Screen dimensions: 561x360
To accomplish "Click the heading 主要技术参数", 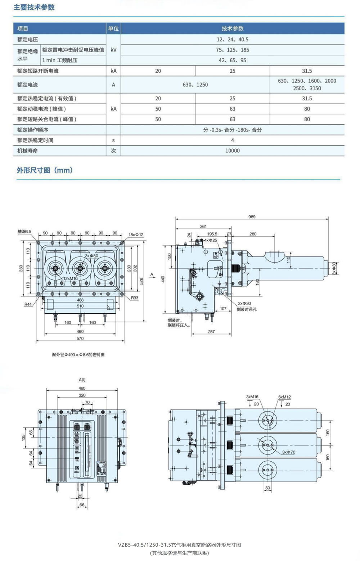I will coord(34,7).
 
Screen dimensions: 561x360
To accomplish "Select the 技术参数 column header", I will coord(232,28).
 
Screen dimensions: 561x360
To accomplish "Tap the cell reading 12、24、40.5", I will coord(232,40).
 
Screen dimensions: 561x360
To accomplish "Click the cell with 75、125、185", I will coord(232,50).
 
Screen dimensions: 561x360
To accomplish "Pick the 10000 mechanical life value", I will coord(232,151).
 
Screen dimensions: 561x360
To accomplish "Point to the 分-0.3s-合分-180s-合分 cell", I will coord(232,130).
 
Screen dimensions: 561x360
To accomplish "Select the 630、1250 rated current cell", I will coord(195,85).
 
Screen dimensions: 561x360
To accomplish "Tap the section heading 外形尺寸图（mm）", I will coord(45,170).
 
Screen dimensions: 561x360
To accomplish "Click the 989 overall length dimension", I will coord(252,217).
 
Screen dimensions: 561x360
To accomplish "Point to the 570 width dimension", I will coord(80,338).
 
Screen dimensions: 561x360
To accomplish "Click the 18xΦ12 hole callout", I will coord(136,235).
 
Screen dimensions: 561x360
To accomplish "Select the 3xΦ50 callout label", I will coord(91,256).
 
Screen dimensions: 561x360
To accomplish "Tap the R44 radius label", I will coord(28,304).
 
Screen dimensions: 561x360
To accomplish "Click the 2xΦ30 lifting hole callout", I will coord(244,304).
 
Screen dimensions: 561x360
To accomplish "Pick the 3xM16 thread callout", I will coord(252,397).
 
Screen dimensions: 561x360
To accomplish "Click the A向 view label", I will coord(82,380).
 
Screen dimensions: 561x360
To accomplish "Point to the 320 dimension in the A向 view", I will coord(82,395).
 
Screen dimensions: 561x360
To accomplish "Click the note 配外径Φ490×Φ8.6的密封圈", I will coord(78,355).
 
